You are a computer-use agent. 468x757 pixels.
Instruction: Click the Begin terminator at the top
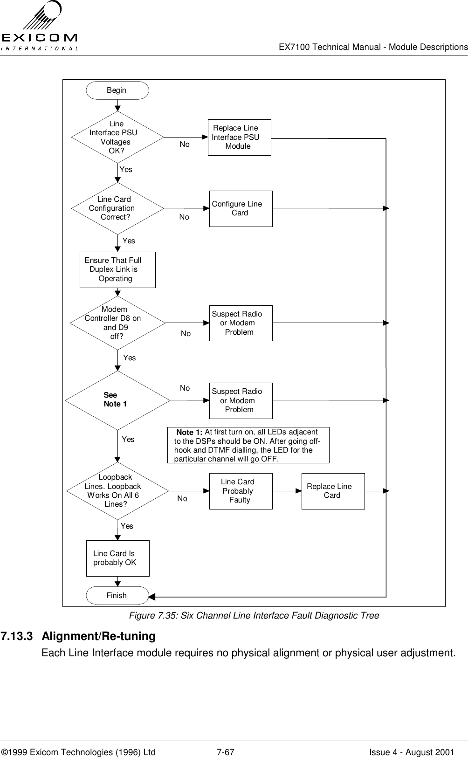[x=117, y=90]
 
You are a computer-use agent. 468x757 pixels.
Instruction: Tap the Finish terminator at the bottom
[x=117, y=595]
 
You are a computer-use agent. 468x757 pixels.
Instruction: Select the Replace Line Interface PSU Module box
[x=239, y=138]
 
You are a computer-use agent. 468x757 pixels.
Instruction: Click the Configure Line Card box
[x=241, y=209]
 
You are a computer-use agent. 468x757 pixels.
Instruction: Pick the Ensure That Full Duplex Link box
[x=117, y=270]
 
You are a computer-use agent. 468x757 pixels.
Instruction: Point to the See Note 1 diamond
[x=117, y=400]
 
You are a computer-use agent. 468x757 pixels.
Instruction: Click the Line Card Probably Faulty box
[x=241, y=491]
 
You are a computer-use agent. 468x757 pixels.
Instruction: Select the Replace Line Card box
[x=333, y=491]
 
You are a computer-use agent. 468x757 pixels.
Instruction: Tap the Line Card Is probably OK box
[x=118, y=558]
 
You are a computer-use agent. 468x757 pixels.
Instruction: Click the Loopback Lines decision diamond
[x=117, y=491]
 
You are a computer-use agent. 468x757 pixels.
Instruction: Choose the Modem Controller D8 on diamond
[x=117, y=323]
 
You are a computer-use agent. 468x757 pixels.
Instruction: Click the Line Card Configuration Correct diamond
[x=117, y=208]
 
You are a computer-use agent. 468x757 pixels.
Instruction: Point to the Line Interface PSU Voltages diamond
[x=117, y=138]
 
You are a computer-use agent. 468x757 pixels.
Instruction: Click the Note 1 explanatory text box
[x=248, y=445]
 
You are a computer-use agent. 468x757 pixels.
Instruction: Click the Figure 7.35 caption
[x=254, y=616]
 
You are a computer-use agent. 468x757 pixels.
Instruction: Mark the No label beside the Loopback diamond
[x=182, y=499]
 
